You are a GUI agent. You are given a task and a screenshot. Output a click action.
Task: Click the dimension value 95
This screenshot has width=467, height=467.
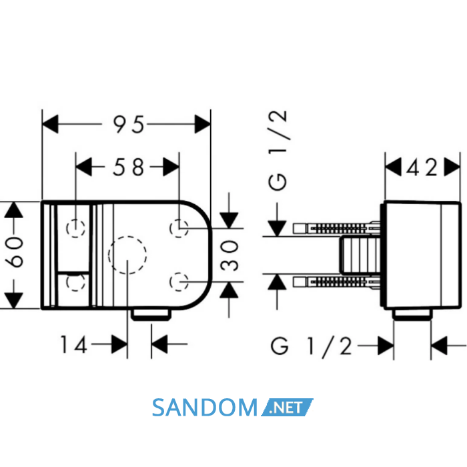129,124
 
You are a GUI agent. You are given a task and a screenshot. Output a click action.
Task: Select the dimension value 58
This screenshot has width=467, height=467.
128,167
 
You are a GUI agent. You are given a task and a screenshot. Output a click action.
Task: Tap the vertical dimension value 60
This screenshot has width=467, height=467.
14,252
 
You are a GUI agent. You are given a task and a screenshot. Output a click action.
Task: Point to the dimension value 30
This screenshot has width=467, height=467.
229,256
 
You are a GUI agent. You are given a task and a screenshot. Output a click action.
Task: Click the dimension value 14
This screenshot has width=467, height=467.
74,345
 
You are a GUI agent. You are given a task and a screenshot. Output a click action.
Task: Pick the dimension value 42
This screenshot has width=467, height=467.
422,167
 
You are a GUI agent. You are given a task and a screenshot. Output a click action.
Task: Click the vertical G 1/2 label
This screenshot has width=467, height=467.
278,150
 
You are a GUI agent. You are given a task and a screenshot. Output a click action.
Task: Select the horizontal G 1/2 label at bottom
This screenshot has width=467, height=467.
312,346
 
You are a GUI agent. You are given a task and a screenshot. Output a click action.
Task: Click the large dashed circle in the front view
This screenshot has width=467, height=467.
127,236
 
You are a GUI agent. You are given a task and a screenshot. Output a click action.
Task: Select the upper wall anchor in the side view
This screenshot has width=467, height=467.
336,228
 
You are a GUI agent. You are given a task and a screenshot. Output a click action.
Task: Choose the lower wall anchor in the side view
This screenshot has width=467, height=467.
336,282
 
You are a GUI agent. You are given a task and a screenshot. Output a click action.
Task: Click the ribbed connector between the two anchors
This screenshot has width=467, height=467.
360,255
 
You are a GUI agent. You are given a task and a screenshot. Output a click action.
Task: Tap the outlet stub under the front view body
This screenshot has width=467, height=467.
151,314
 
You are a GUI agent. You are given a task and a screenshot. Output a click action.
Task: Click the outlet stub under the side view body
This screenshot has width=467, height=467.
412,314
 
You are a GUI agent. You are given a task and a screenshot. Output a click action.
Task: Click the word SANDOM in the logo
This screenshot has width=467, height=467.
205,408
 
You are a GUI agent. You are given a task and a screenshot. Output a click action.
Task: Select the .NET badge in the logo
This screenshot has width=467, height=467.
287,407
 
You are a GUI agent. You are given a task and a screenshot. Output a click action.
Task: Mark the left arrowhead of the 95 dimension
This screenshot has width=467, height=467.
50,124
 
